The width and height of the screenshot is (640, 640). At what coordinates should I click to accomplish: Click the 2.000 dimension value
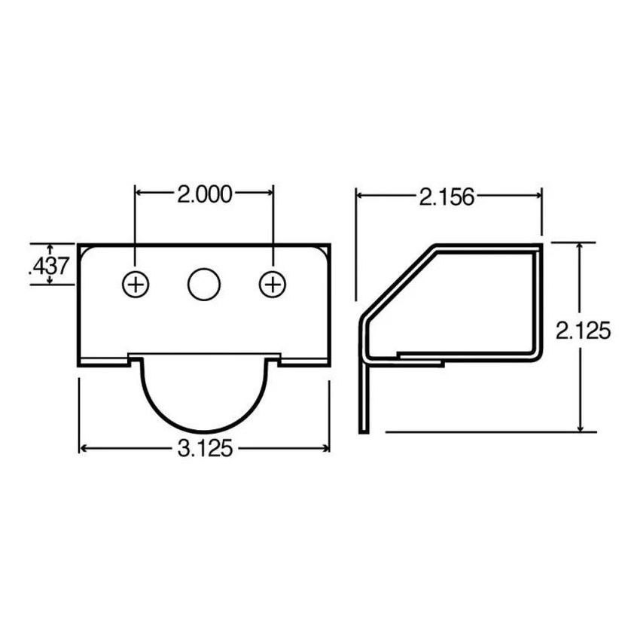(x=203, y=194)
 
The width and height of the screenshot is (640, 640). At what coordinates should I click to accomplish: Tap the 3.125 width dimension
(x=203, y=449)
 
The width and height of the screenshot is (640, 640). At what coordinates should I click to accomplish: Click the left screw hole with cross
(x=136, y=285)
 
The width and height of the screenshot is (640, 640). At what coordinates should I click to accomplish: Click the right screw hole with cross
(x=273, y=285)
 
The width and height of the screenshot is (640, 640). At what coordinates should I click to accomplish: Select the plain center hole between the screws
(x=203, y=285)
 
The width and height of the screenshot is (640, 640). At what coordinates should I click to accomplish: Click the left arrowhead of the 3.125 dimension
(x=84, y=449)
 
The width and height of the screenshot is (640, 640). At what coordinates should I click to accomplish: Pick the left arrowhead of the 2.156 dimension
(x=361, y=196)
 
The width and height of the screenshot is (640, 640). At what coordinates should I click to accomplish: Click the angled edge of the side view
(x=395, y=282)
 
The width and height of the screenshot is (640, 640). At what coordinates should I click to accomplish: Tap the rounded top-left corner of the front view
(x=85, y=250)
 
